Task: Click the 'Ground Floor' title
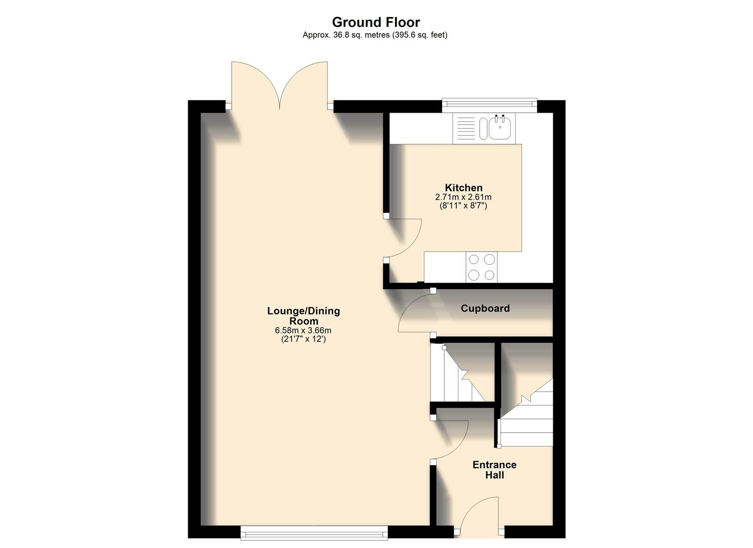point(376,22)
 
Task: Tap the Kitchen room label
point(463,188)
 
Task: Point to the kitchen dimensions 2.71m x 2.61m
point(463,197)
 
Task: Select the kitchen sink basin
point(500,127)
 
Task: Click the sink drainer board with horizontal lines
point(466,127)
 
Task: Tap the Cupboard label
point(485,309)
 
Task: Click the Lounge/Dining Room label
point(303,316)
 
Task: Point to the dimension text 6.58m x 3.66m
point(303,330)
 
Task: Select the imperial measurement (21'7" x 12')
point(303,339)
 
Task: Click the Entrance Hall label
point(494,470)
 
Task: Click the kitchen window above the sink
point(489,105)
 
